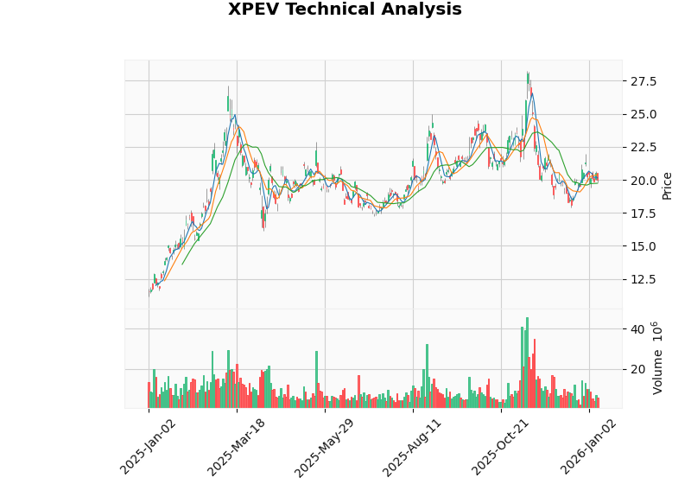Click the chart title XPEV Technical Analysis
[x=345, y=10]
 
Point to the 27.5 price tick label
[x=643, y=81]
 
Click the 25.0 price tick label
[x=643, y=114]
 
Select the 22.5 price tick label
[x=643, y=147]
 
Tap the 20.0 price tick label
[x=643, y=181]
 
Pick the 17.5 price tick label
[x=643, y=213]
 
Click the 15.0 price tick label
[x=643, y=246]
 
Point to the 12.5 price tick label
[x=643, y=279]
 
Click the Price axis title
[x=667, y=185]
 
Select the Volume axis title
[x=658, y=358]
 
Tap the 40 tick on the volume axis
[x=637, y=329]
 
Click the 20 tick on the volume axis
[x=637, y=369]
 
